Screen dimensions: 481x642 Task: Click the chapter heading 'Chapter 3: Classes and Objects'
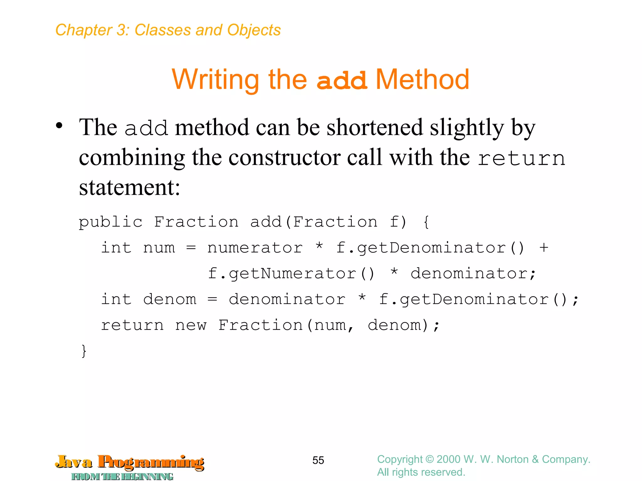168,30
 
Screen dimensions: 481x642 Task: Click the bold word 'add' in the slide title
341,80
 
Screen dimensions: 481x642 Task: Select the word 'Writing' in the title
215,80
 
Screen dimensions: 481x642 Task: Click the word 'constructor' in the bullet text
285,158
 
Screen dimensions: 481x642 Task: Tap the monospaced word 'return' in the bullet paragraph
521,158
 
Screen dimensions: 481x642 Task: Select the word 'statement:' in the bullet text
129,187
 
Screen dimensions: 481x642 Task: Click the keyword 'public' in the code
110,222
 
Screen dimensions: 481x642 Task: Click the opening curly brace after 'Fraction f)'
426,222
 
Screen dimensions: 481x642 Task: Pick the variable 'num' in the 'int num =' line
159,248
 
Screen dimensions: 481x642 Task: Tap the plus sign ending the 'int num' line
544,248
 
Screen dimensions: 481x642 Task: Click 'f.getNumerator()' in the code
291,273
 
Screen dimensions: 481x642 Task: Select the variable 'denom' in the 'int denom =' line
170,299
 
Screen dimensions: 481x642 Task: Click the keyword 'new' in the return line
191,325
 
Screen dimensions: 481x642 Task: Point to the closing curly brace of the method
84,351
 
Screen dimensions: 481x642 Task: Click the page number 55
318,460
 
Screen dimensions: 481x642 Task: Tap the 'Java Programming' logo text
130,463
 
